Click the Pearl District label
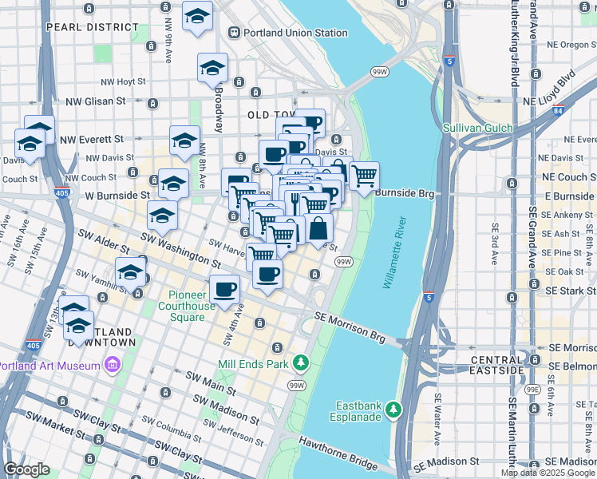click(82, 26)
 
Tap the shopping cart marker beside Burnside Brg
click(364, 175)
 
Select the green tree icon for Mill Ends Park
click(301, 364)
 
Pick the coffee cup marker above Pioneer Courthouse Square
click(225, 289)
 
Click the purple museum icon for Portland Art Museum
click(112, 366)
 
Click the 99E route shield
click(532, 389)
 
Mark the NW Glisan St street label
click(96, 101)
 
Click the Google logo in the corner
click(27, 469)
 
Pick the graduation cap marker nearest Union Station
click(197, 18)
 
